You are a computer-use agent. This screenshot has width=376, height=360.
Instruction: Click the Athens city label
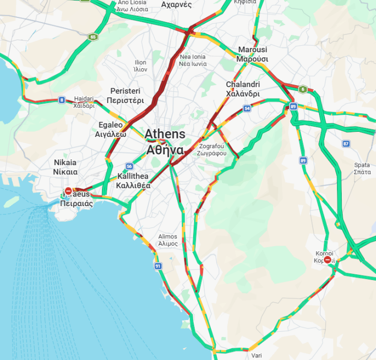pyautogui.click(x=164, y=142)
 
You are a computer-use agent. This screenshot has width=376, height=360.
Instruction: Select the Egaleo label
pyautogui.click(x=111, y=129)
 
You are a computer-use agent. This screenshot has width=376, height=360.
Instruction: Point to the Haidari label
pyautogui.click(x=84, y=102)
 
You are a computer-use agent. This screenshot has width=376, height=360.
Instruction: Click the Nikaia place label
pyautogui.click(x=66, y=167)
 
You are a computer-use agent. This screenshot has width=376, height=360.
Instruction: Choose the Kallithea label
pyautogui.click(x=133, y=181)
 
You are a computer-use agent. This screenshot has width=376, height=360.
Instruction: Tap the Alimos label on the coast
pyautogui.click(x=168, y=240)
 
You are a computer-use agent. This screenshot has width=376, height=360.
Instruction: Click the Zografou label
pyautogui.click(x=213, y=149)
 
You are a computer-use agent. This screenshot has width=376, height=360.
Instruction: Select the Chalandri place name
pyautogui.click(x=243, y=89)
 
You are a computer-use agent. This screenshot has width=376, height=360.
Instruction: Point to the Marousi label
pyautogui.click(x=253, y=54)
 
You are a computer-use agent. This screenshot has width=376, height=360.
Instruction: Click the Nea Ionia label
pyautogui.click(x=193, y=60)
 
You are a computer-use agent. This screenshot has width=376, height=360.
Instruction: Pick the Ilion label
pyautogui.click(x=140, y=66)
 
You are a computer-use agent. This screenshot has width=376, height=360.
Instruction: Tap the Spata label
pyautogui.click(x=362, y=169)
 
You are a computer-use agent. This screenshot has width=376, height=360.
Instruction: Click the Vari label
pyautogui.click(x=257, y=355)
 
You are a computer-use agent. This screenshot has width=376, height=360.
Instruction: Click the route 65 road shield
pyautogui.click(x=92, y=37)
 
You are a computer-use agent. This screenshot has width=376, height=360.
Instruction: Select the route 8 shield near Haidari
pyautogui.click(x=61, y=100)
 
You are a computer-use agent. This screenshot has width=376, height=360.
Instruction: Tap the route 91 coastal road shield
pyautogui.click(x=158, y=266)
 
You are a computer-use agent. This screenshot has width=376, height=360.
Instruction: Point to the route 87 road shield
pyautogui.click(x=346, y=144)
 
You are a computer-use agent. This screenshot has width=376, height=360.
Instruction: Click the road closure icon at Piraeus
pyautogui.click(x=68, y=191)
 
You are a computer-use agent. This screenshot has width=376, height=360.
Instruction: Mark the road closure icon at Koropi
pyautogui.click(x=327, y=259)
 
